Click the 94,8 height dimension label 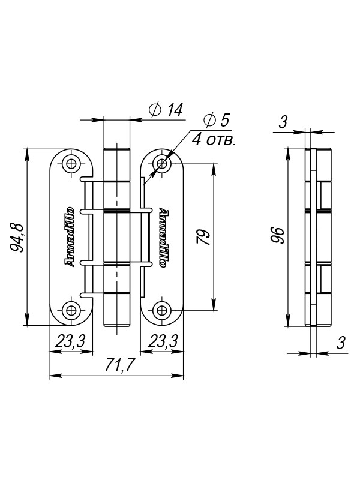click(17, 237)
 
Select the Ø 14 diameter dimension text click(166, 110)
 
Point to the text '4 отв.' click(214, 140)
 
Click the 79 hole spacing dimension click(203, 236)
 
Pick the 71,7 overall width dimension click(119, 365)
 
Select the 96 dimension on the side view click(278, 235)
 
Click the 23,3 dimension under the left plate click(70, 341)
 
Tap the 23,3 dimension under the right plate click(163, 341)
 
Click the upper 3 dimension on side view click(283, 122)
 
